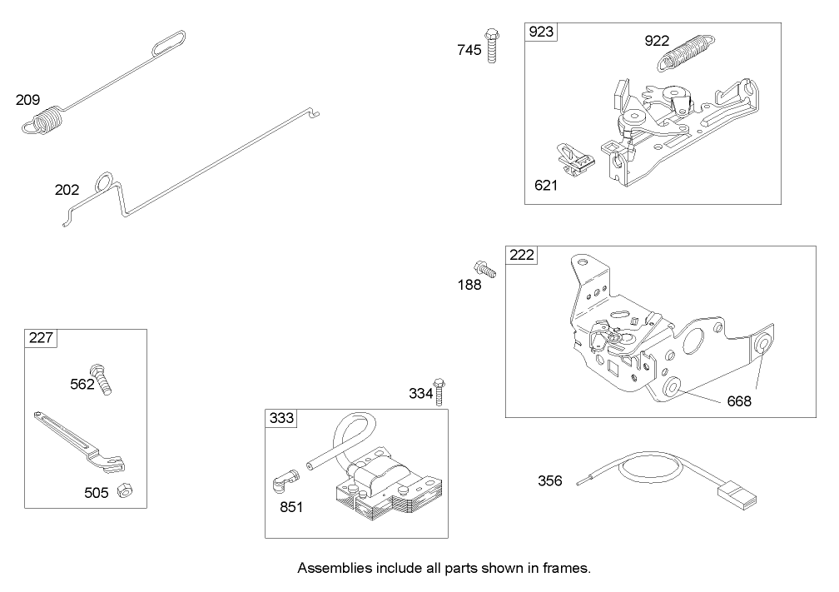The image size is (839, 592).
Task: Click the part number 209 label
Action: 27,100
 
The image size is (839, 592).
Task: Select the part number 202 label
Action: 67,190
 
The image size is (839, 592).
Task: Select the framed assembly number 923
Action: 541,32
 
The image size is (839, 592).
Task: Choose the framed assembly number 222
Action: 522,256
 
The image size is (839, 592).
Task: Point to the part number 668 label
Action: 738,401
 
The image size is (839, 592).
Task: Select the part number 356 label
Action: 549,480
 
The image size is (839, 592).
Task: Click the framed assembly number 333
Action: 280,419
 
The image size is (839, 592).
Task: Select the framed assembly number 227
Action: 40,338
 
